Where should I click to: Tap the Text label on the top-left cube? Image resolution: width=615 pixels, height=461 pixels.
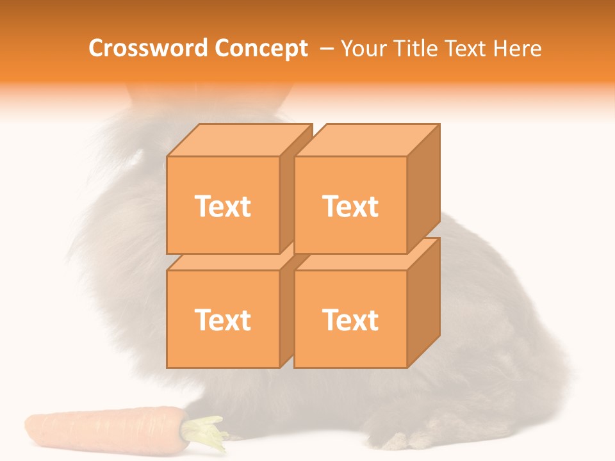pyautogui.click(x=222, y=206)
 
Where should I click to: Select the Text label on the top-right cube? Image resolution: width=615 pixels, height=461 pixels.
pyautogui.click(x=350, y=206)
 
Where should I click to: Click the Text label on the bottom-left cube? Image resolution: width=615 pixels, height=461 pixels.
pyautogui.click(x=222, y=319)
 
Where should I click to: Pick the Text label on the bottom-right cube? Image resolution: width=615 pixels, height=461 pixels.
pyautogui.click(x=350, y=319)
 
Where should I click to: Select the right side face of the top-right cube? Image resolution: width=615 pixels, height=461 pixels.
pyautogui.click(x=423, y=189)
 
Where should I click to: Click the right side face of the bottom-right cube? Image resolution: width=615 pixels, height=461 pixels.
pyautogui.click(x=423, y=302)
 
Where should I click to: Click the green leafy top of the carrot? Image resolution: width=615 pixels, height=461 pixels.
pyautogui.click(x=205, y=432)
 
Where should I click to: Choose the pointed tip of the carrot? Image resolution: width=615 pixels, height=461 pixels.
pyautogui.click(x=28, y=424)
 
